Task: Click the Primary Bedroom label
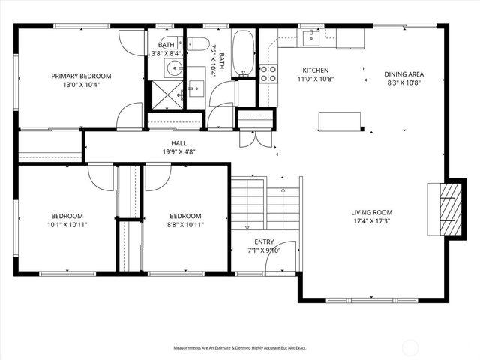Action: click(81, 76)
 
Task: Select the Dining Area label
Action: click(404, 74)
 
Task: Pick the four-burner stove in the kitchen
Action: click(268, 73)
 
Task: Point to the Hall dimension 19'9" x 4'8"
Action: click(178, 152)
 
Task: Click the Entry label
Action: click(264, 241)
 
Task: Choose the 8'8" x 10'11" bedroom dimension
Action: click(184, 224)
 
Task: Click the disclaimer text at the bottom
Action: click(240, 348)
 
